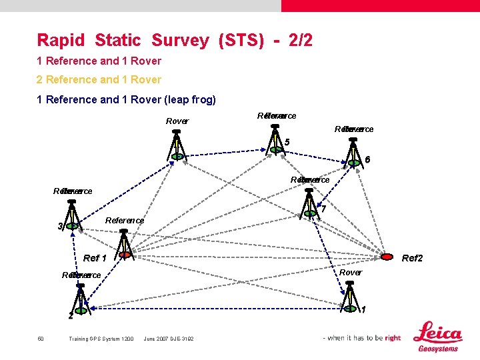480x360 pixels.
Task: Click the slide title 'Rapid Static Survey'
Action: (x=123, y=41)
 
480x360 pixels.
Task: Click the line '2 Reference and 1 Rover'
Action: (x=99, y=79)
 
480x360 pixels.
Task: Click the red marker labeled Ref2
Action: (x=387, y=257)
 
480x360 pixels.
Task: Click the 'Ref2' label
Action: (x=412, y=258)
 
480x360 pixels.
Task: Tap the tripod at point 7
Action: (x=310, y=203)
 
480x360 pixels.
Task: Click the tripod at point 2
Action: (x=80, y=297)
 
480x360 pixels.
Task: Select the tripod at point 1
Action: (x=350, y=297)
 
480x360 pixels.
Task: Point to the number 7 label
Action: (x=323, y=209)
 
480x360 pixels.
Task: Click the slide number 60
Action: (x=41, y=339)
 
